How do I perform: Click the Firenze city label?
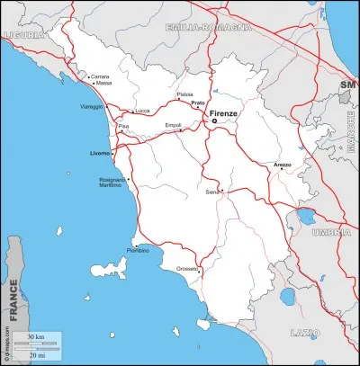pos(223,115)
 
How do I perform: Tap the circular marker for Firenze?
pos(214,121)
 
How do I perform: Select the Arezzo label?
pos(283,165)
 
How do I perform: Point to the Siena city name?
pos(212,192)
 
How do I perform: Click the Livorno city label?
pos(100,153)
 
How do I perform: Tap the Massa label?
pos(104,84)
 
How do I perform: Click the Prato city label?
pos(198,103)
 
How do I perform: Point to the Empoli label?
pos(174,125)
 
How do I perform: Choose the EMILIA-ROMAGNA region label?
pos(206,28)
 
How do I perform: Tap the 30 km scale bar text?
pos(36,336)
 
